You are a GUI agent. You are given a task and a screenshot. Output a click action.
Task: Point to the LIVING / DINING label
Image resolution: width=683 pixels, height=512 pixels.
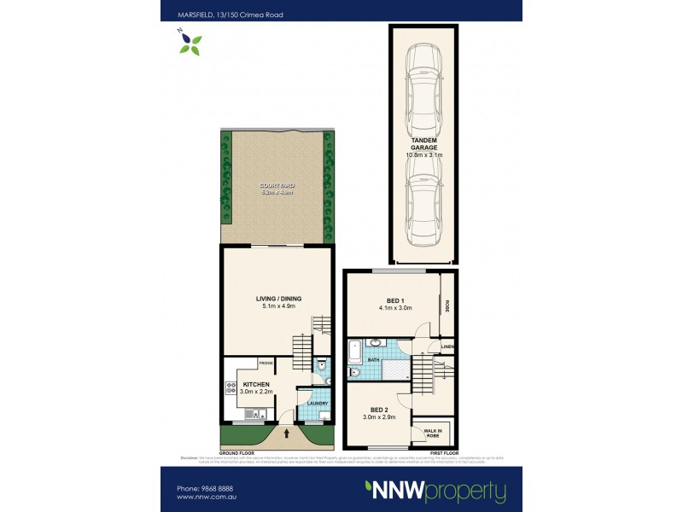coord(278,299)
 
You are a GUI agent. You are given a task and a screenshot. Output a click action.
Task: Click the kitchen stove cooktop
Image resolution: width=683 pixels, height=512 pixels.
coord(231,390)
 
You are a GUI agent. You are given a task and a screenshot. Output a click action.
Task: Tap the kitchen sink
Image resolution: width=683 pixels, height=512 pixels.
coord(252,414)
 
